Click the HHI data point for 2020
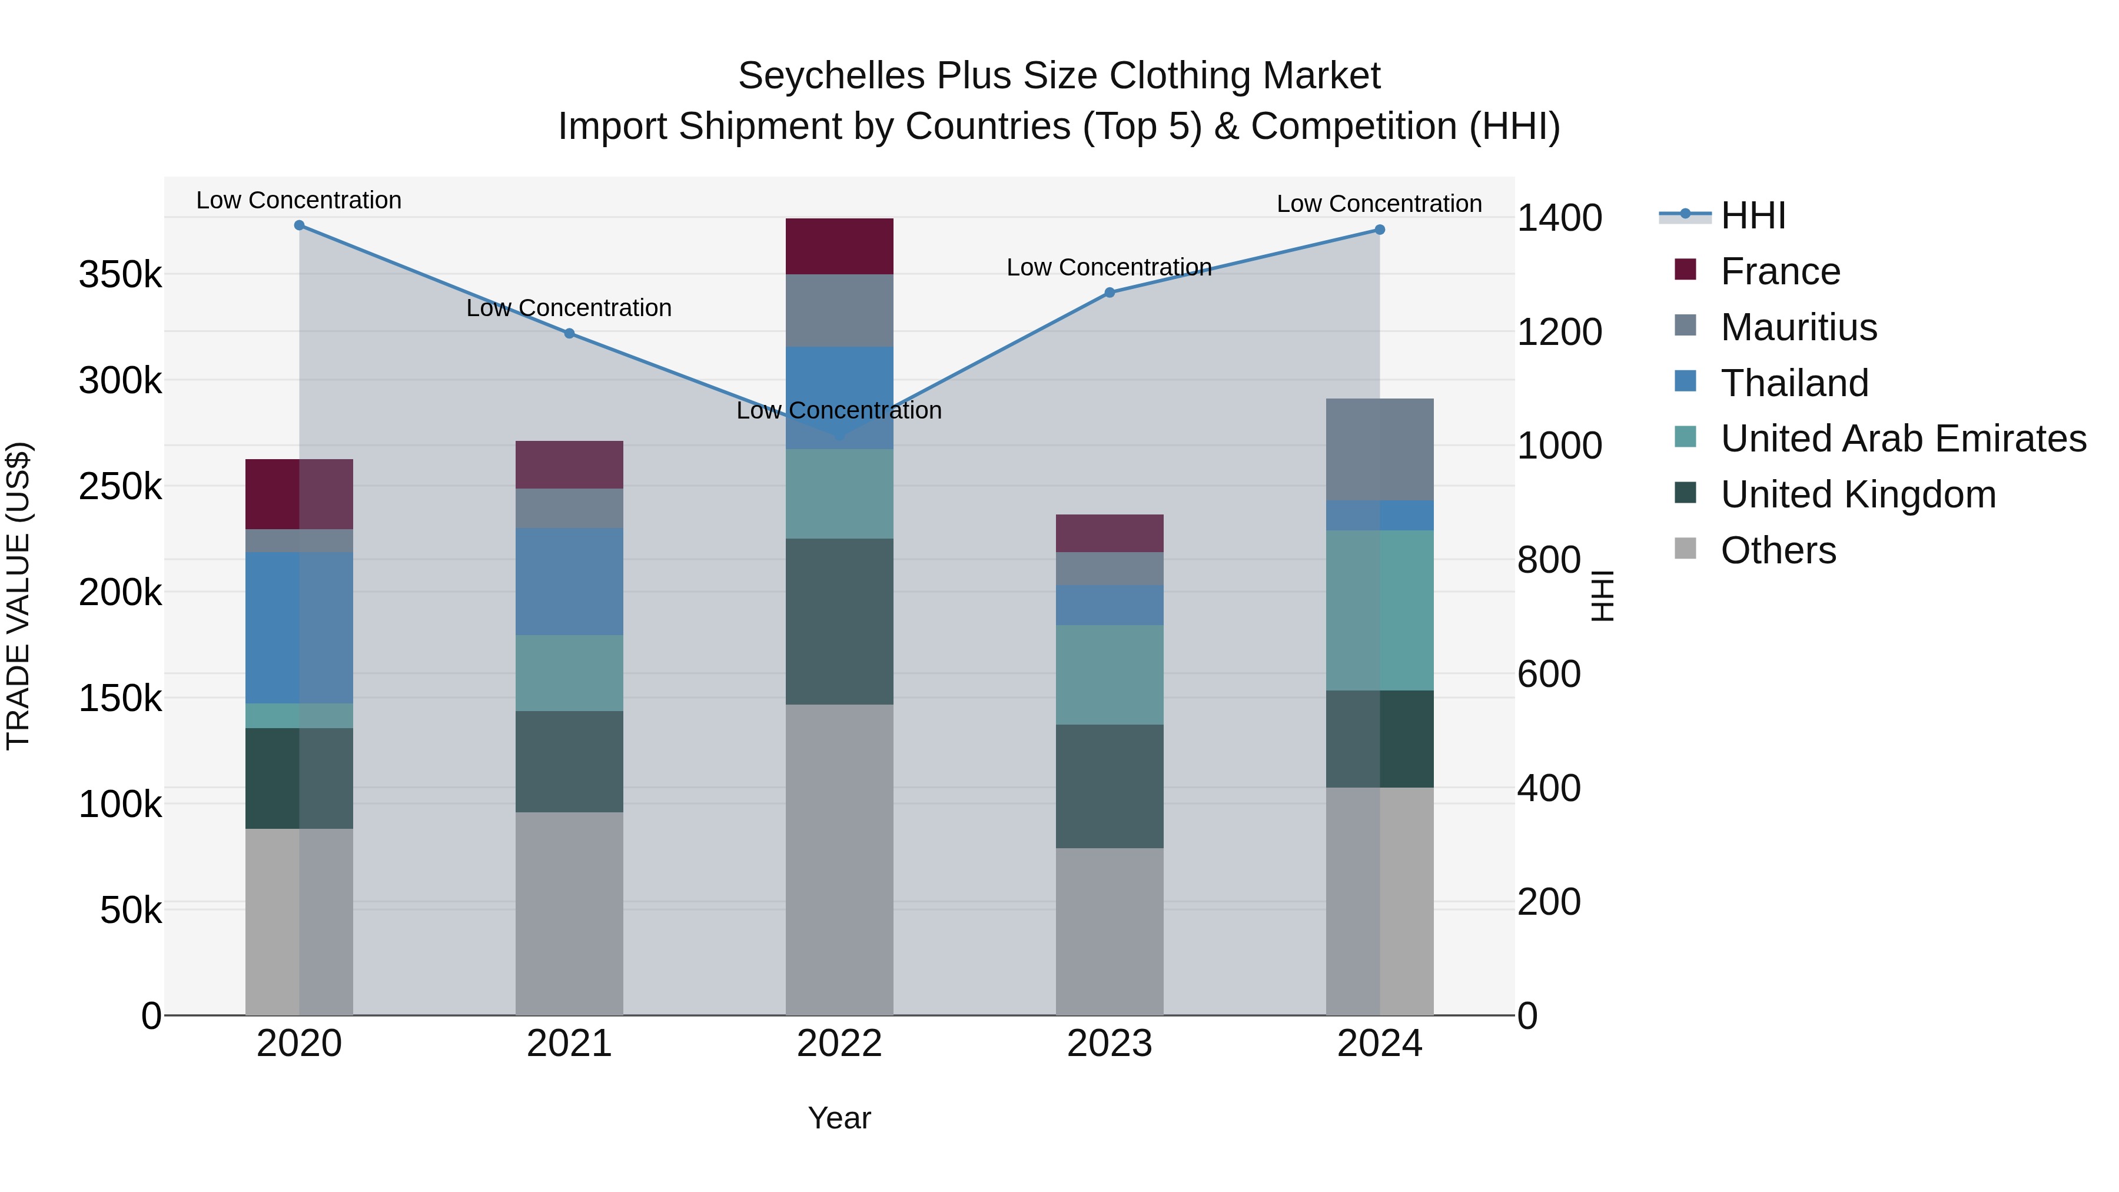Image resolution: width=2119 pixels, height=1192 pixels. click(300, 225)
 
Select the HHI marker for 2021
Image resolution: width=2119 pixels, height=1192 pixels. click(569, 333)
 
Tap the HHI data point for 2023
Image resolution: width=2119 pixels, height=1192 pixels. click(1110, 292)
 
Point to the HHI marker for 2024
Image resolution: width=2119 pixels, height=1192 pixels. click(1380, 230)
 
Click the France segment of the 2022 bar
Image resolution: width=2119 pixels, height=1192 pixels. click(839, 246)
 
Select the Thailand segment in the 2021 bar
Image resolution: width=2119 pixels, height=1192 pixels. click(569, 581)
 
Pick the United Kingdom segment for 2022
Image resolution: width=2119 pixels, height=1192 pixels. click(839, 621)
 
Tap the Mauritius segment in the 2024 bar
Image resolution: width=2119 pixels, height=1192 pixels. click(1380, 449)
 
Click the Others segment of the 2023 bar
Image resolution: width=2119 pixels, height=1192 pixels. click(1110, 931)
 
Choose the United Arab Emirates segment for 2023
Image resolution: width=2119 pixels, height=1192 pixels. click(1110, 675)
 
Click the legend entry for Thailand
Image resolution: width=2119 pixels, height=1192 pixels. click(1794, 383)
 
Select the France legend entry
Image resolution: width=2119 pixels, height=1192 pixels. click(1780, 271)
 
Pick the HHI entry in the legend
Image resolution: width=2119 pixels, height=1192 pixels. click(1752, 215)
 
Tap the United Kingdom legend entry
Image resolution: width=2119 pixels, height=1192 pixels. click(1858, 494)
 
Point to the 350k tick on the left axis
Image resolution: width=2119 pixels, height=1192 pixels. click(120, 275)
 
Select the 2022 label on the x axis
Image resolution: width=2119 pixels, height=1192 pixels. click(839, 1044)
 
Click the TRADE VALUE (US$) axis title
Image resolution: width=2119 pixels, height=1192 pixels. click(18, 596)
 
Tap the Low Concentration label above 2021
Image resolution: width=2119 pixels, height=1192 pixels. click(569, 308)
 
